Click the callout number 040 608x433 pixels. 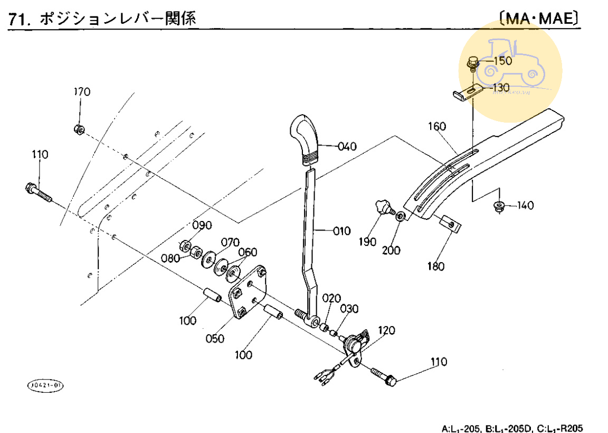click(347, 146)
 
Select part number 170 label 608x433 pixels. click(82, 92)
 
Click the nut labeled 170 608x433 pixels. click(78, 128)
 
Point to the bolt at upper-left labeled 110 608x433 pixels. click(37, 192)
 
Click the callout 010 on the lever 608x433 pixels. click(341, 231)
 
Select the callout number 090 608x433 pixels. click(202, 225)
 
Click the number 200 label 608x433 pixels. click(392, 251)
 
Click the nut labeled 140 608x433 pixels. click(497, 206)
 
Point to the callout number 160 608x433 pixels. click(437, 127)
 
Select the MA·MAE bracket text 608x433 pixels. click(539, 19)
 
